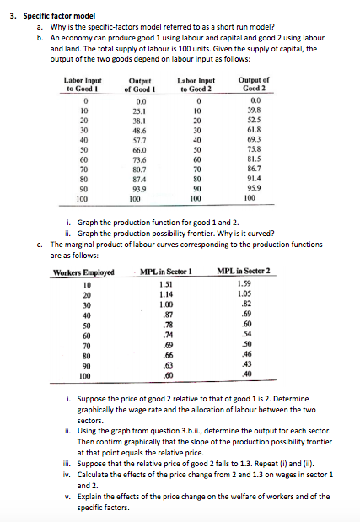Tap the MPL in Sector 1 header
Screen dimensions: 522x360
166,272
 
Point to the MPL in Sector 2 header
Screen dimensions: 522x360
244,272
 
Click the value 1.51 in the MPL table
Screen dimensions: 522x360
166,284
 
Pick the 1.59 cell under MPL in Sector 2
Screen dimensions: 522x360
244,284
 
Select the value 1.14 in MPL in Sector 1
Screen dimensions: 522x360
166,294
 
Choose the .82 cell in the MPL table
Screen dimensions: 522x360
245,304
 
